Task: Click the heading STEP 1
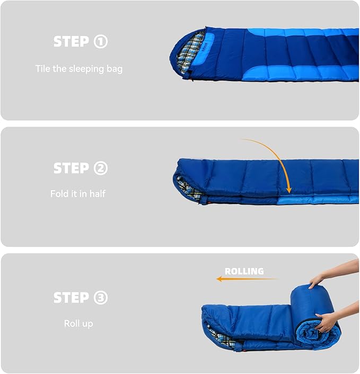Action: pyautogui.click(x=80, y=42)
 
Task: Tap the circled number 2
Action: pyautogui.click(x=100, y=168)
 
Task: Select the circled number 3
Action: pyautogui.click(x=100, y=298)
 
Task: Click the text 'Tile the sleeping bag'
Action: pyautogui.click(x=79, y=68)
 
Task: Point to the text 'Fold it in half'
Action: pyautogui.click(x=78, y=194)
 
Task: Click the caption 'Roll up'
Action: pyautogui.click(x=78, y=323)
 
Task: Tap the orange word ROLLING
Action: pyautogui.click(x=244, y=271)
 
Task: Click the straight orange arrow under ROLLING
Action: pyautogui.click(x=247, y=279)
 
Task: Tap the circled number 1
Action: pyautogui.click(x=100, y=42)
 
